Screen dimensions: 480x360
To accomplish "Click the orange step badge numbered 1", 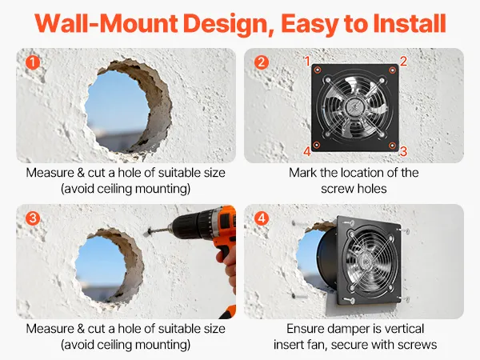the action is pos(33,62).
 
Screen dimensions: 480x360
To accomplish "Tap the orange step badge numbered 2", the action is pos(261,62).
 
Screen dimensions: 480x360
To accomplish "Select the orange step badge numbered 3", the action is pos(33,218).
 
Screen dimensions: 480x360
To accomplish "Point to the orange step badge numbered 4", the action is pos(261,218).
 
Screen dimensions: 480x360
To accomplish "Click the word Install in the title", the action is pos(410,23).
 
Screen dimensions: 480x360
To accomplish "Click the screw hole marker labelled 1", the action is pos(318,70).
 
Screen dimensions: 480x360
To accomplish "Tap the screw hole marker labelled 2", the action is pos(393,70).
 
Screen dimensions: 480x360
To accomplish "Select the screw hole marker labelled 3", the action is pos(392,145).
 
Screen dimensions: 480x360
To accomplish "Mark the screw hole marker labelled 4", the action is pos(317,145).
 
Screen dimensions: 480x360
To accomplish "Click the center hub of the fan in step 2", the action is pos(354,107).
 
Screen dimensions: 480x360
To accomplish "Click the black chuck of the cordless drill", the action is pos(186,227).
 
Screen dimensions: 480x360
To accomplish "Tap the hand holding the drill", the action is pos(228,266).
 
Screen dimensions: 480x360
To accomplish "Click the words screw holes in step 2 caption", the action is pos(354,189).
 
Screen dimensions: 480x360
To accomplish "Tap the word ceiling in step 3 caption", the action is pos(114,345).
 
